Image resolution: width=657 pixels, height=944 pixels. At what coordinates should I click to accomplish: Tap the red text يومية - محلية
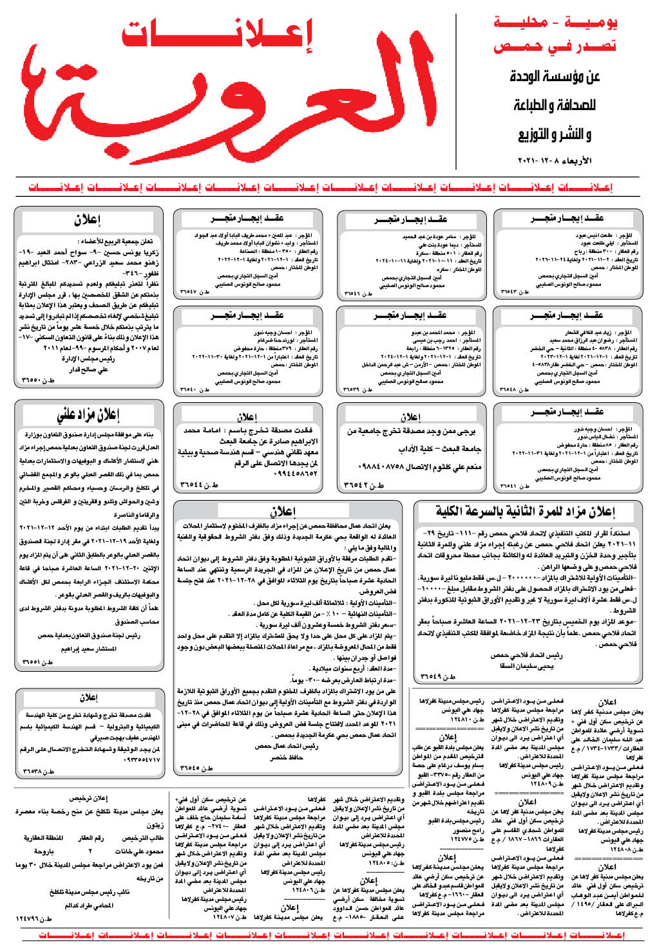pyautogui.click(x=555, y=24)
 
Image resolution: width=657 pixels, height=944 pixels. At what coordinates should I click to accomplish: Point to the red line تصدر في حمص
pyautogui.click(x=555, y=47)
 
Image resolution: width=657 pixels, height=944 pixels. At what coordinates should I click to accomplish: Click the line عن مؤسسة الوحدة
pyautogui.click(x=555, y=77)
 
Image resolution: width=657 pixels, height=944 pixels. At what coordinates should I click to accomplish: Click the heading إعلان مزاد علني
pyautogui.click(x=89, y=415)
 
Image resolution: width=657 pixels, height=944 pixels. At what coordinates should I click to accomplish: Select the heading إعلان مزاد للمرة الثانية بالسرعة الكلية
pyautogui.click(x=526, y=512)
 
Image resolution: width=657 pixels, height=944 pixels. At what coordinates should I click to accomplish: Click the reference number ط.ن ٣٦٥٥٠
pyautogui.click(x=39, y=381)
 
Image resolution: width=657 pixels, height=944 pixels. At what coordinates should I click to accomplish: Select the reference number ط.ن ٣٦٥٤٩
pyautogui.click(x=437, y=677)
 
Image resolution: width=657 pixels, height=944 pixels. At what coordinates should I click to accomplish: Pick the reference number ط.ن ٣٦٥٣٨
pyautogui.click(x=39, y=771)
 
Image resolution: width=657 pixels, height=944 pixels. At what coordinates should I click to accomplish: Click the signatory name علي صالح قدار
pyautogui.click(x=88, y=369)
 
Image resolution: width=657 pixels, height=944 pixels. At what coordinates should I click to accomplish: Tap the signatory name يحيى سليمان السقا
pyautogui.click(x=526, y=667)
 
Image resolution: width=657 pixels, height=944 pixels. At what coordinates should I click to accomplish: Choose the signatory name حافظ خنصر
pyautogui.click(x=287, y=757)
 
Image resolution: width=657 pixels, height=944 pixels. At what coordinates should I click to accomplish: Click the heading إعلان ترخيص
pyautogui.click(x=89, y=799)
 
